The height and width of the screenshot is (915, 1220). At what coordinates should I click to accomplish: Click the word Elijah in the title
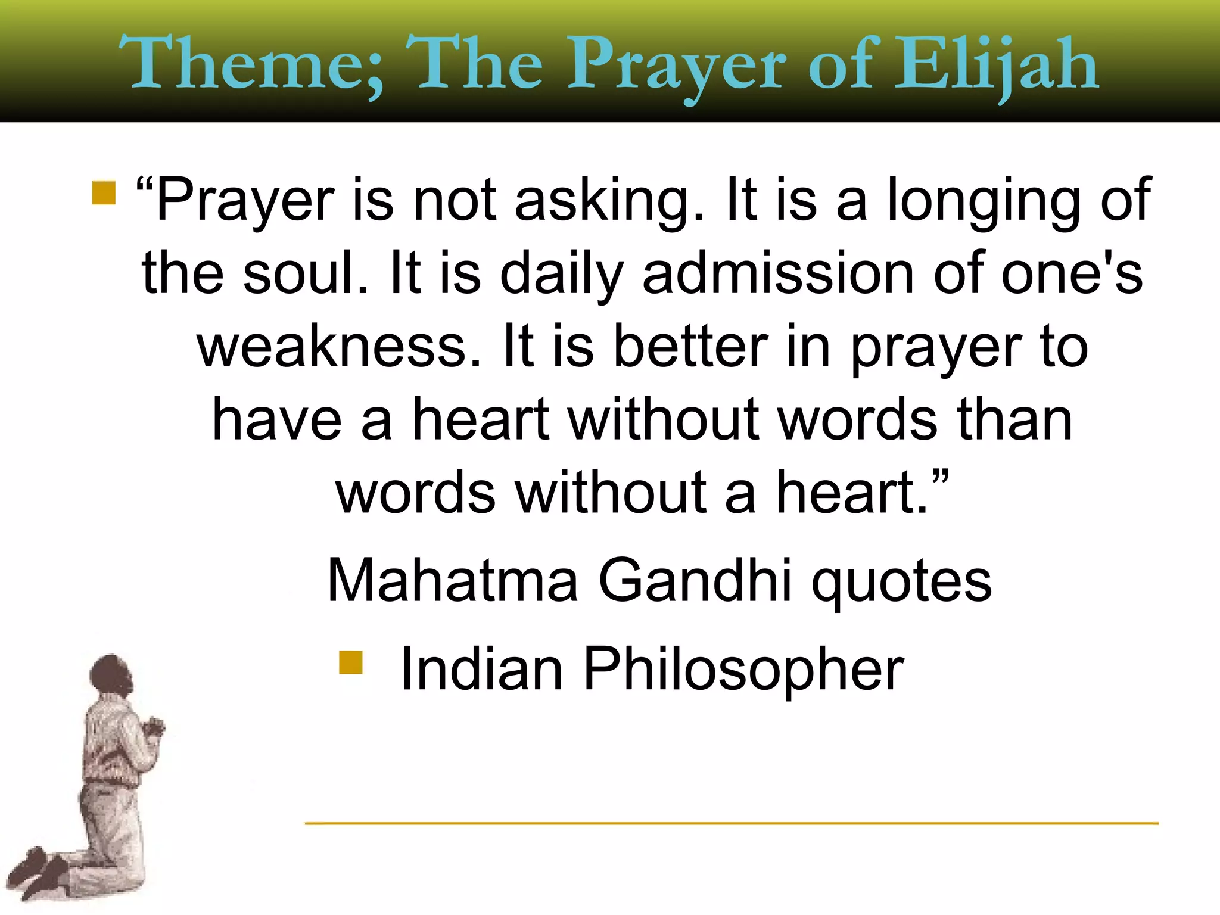[996, 64]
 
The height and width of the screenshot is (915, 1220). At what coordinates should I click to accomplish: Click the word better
[690, 347]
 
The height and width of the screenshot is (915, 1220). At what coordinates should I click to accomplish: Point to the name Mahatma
[453, 580]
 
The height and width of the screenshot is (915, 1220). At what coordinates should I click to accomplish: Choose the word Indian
[482, 669]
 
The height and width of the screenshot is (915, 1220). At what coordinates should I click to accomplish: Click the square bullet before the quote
[104, 193]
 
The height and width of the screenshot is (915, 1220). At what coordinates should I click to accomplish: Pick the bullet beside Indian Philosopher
[351, 662]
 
